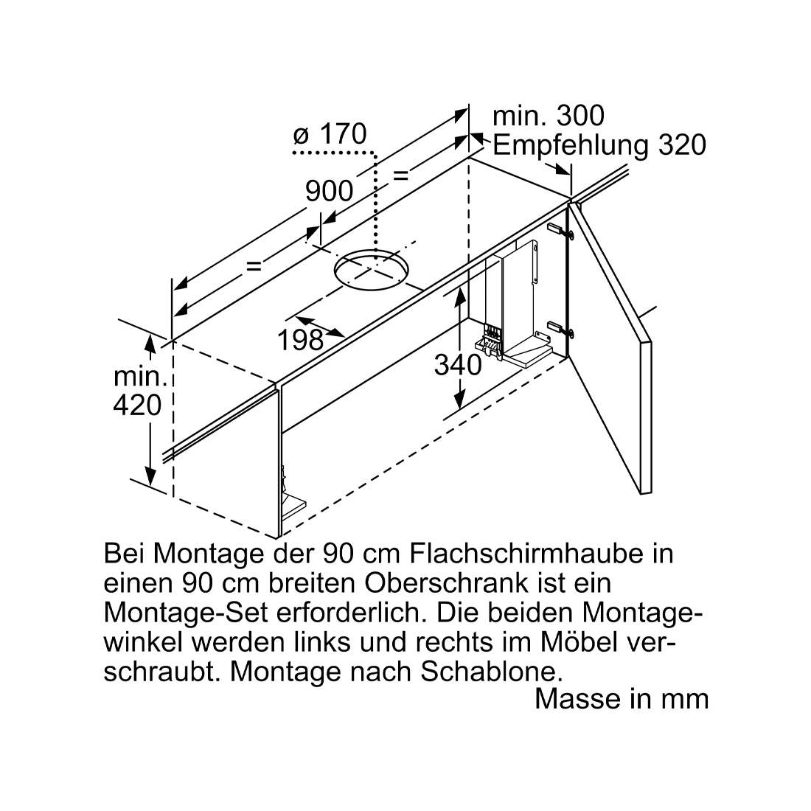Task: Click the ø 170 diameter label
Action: pos(330,134)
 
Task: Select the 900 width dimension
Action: pos(329,192)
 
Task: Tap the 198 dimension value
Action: pos(301,340)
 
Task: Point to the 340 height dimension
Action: pos(458,365)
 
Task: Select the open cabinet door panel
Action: pos(610,347)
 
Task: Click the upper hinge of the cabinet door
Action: pos(560,230)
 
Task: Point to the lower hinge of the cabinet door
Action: pos(560,328)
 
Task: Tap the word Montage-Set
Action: pos(186,613)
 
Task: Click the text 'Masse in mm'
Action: pos(622,699)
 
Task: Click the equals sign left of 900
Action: pos(254,266)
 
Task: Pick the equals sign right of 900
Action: pos(401,176)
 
